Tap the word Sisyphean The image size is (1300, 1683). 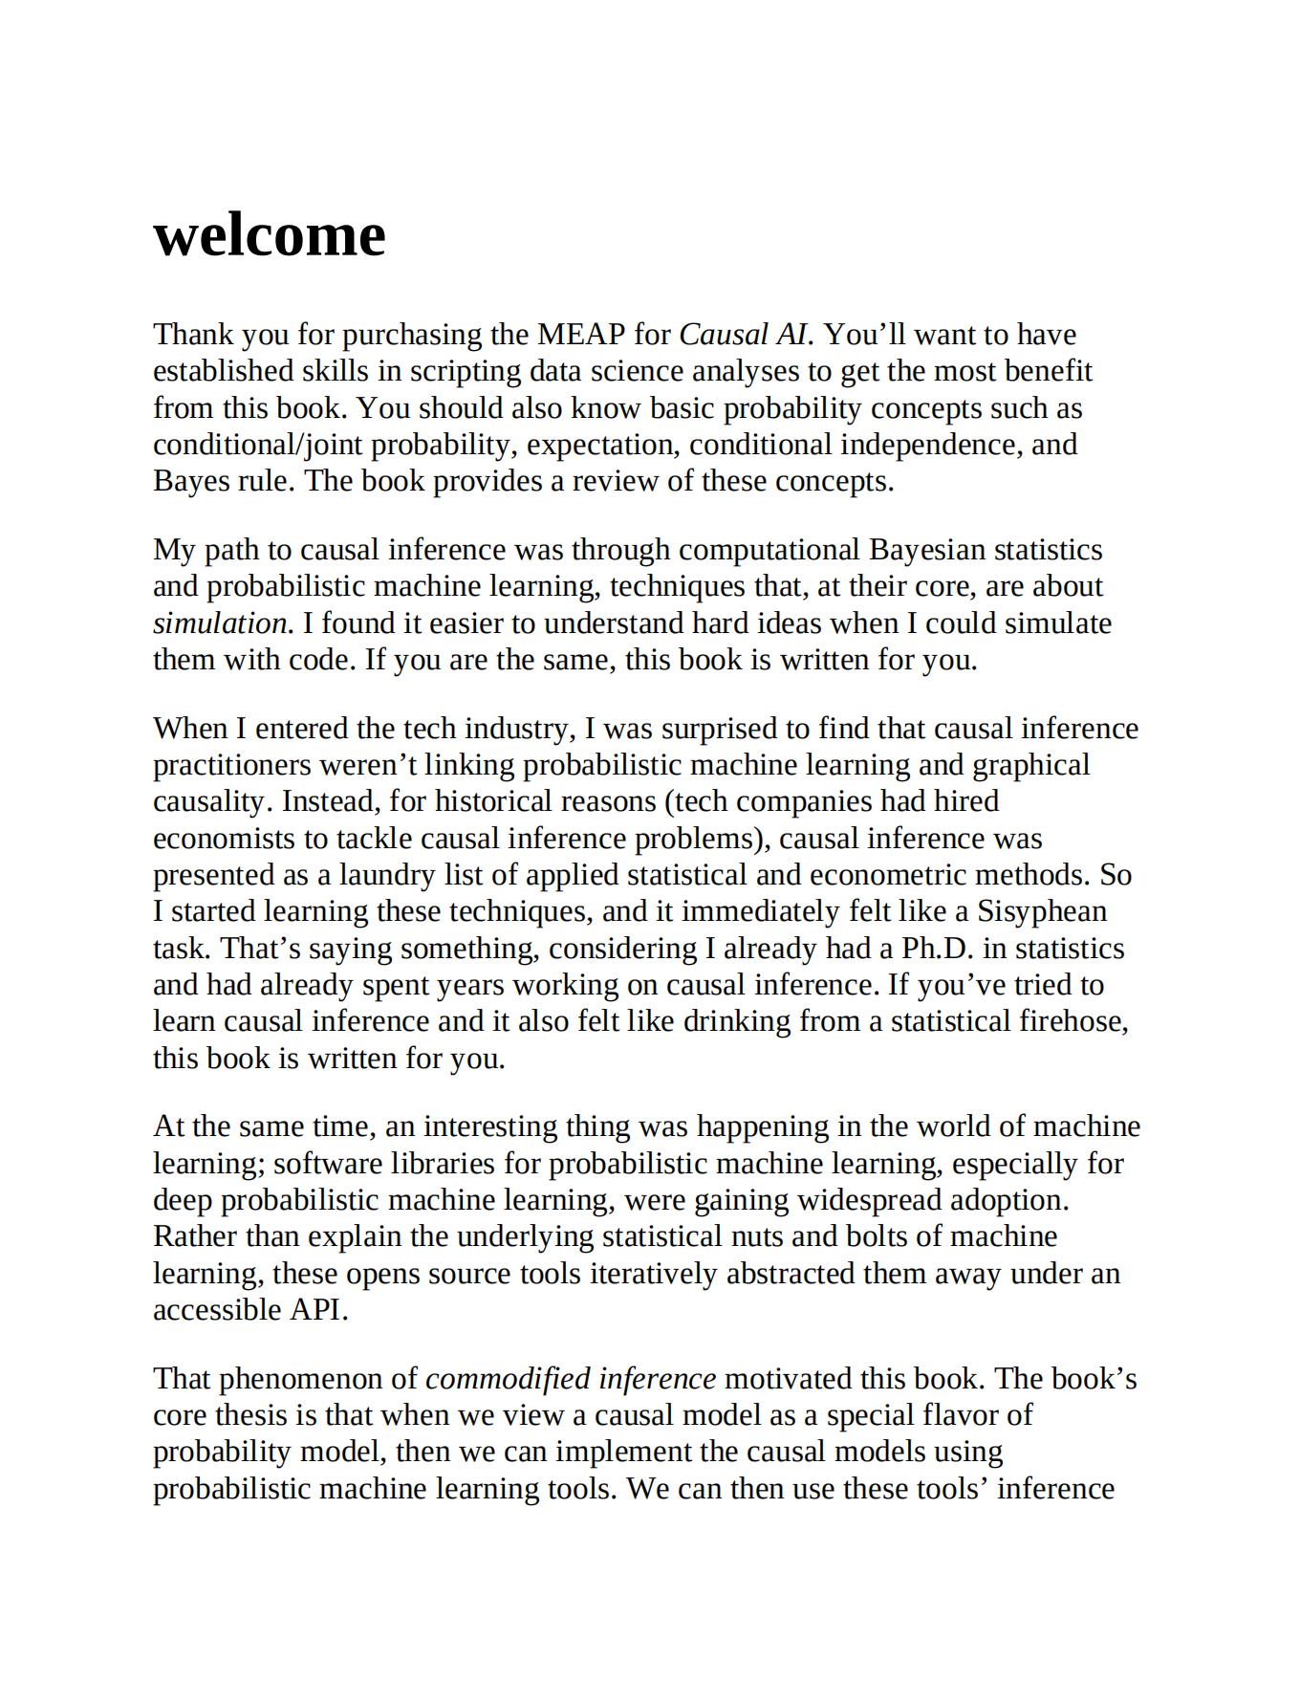(1041, 911)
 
